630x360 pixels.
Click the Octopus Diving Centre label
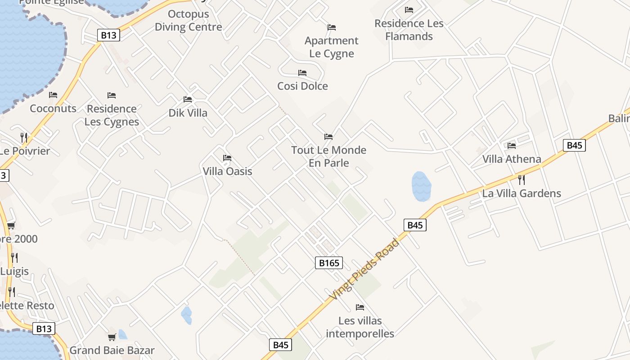coord(188,20)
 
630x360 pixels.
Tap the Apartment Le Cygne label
coord(332,47)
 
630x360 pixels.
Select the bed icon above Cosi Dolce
coord(302,73)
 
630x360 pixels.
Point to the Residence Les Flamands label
coord(409,30)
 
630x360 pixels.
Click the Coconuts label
coord(53,108)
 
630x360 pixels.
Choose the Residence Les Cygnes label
coord(112,115)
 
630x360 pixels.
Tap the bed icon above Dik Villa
coord(188,99)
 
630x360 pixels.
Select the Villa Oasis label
coord(227,171)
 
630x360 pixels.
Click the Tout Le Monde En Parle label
coord(328,156)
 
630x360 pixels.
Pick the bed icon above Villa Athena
coord(512,146)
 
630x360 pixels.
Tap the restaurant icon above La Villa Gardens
coord(522,180)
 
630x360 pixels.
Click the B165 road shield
coord(328,263)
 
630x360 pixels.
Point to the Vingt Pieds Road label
coord(364,270)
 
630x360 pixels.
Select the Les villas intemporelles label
coord(360,327)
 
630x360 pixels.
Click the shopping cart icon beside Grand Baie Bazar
coord(112,337)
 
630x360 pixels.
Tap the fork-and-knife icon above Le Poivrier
coord(24,137)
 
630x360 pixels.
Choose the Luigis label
coord(14,271)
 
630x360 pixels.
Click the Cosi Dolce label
coord(302,86)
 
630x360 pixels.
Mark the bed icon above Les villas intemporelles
coord(360,307)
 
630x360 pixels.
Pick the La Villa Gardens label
coord(522,193)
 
